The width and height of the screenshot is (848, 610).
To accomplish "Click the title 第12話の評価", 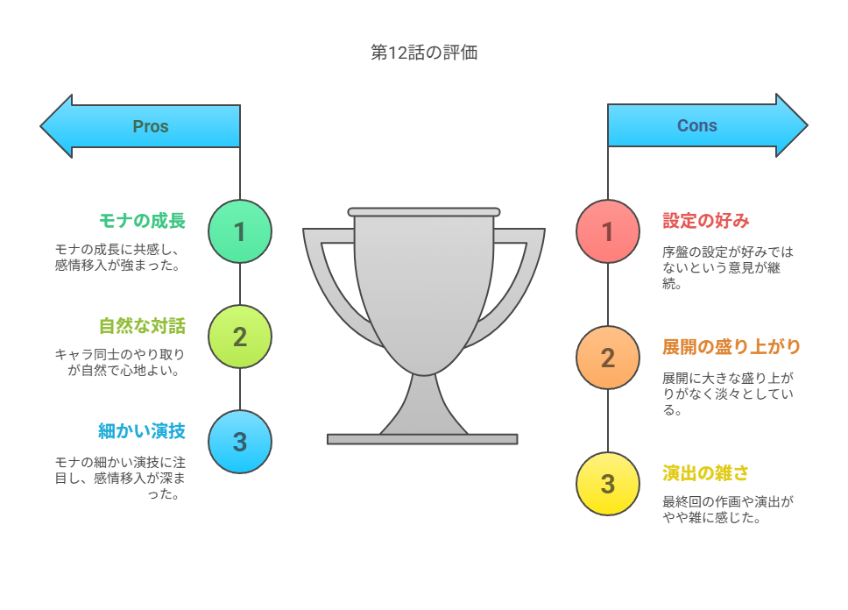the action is click(424, 53).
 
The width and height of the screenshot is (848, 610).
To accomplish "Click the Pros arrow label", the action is click(151, 126).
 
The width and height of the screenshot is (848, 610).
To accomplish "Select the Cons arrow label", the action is click(697, 125).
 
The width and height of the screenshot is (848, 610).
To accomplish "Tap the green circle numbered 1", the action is click(240, 231).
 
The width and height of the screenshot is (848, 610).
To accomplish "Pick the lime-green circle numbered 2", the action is click(240, 337).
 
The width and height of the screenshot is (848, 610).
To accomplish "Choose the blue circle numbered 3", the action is click(240, 442).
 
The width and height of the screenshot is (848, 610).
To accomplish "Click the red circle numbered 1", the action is click(608, 231).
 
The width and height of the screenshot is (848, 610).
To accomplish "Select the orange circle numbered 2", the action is click(608, 358).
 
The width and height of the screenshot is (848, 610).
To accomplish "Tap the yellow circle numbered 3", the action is click(608, 484).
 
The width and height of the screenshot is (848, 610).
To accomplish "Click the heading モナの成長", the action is click(142, 221).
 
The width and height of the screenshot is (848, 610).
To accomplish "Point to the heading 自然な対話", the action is click(142, 326).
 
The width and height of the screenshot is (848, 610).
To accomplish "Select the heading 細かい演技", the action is click(142, 431).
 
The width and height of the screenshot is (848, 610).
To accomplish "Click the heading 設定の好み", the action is click(706, 221).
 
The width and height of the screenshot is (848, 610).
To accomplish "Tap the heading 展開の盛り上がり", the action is click(731, 347).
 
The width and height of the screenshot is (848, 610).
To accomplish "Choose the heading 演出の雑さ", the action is click(706, 473).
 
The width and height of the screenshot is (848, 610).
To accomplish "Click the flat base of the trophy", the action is click(422, 439).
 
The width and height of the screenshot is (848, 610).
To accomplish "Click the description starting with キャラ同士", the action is click(119, 362).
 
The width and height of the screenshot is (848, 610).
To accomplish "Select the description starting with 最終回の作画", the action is click(728, 509).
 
